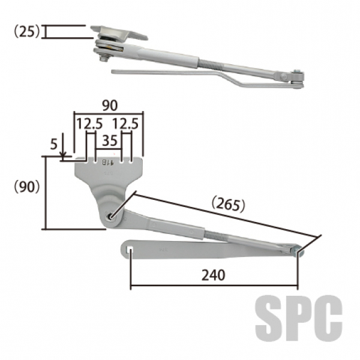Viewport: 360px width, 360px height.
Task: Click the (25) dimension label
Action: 27,31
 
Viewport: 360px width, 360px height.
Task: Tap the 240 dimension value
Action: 213,275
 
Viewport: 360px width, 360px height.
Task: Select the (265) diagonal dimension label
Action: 228,204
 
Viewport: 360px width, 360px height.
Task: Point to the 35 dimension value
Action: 110,140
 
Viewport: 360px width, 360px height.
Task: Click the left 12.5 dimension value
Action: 89,124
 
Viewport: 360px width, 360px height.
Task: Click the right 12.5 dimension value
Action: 125,124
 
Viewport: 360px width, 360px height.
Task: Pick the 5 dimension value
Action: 53,145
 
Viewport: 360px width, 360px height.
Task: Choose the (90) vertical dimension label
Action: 27,187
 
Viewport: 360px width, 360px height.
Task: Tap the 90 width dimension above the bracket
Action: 110,106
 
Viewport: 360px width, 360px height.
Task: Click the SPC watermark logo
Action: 299,318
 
